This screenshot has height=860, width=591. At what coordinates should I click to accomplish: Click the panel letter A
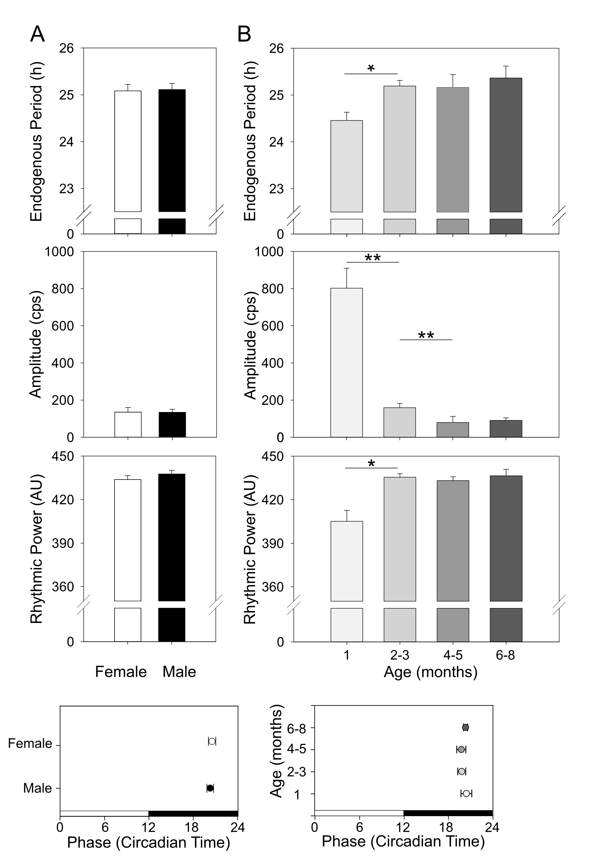[x=37, y=34]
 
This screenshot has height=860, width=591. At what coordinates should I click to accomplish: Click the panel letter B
[x=244, y=34]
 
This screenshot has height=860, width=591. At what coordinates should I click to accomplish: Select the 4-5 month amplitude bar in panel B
[x=453, y=429]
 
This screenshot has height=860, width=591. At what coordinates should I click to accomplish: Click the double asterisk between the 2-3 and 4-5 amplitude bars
[x=426, y=335]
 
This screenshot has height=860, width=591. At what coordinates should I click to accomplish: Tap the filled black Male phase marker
[x=210, y=788]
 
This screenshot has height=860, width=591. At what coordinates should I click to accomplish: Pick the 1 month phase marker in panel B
[x=466, y=793]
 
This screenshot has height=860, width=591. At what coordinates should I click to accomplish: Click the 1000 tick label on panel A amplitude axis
[x=59, y=251]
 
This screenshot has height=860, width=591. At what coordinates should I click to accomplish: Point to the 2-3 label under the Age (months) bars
[x=400, y=655]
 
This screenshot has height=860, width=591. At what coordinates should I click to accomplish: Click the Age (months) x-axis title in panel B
[x=430, y=672]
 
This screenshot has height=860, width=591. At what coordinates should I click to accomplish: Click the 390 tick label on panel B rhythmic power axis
[x=273, y=543]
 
